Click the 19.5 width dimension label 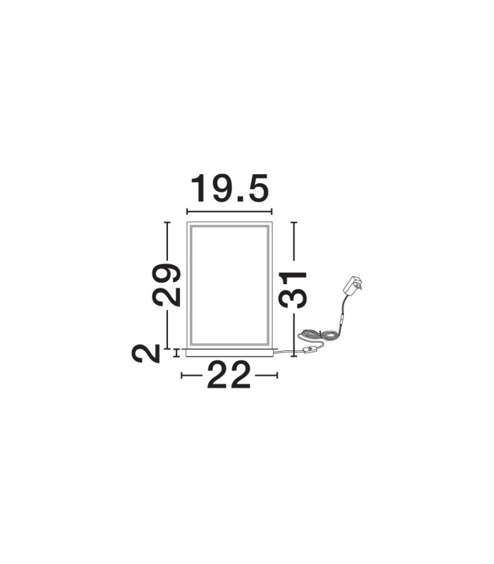click(230, 188)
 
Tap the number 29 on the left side click(166, 285)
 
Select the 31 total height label click(293, 290)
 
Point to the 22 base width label click(229, 374)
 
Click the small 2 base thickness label click(146, 353)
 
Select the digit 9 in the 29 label click(166, 274)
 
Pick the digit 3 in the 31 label click(293, 299)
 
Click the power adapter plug click(352, 286)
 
